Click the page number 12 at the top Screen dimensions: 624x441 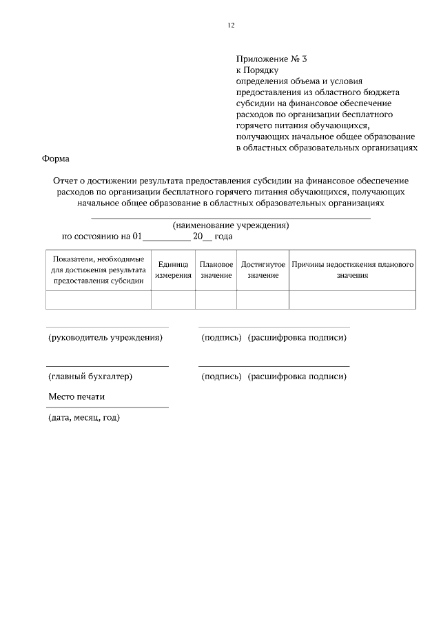click(231, 26)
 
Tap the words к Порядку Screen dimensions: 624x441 click(256, 70)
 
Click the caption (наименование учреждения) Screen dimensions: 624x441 click(230, 225)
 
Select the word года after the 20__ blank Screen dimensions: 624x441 click(223, 236)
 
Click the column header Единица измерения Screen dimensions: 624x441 click(173, 270)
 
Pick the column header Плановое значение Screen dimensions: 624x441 click(216, 270)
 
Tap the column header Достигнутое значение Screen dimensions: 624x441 click(263, 270)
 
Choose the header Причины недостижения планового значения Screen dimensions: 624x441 click(352, 270)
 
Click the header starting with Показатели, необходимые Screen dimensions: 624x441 click(98, 270)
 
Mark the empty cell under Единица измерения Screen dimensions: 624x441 click(173, 300)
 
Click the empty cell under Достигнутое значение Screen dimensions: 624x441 click(263, 300)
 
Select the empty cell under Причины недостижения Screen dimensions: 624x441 click(352, 300)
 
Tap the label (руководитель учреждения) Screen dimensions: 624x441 click(105, 338)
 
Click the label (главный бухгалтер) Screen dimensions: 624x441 click(90, 376)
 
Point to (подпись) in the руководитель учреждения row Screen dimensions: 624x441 click(220, 338)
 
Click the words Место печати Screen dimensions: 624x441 click(76, 397)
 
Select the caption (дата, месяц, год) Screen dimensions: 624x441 click(83, 418)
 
